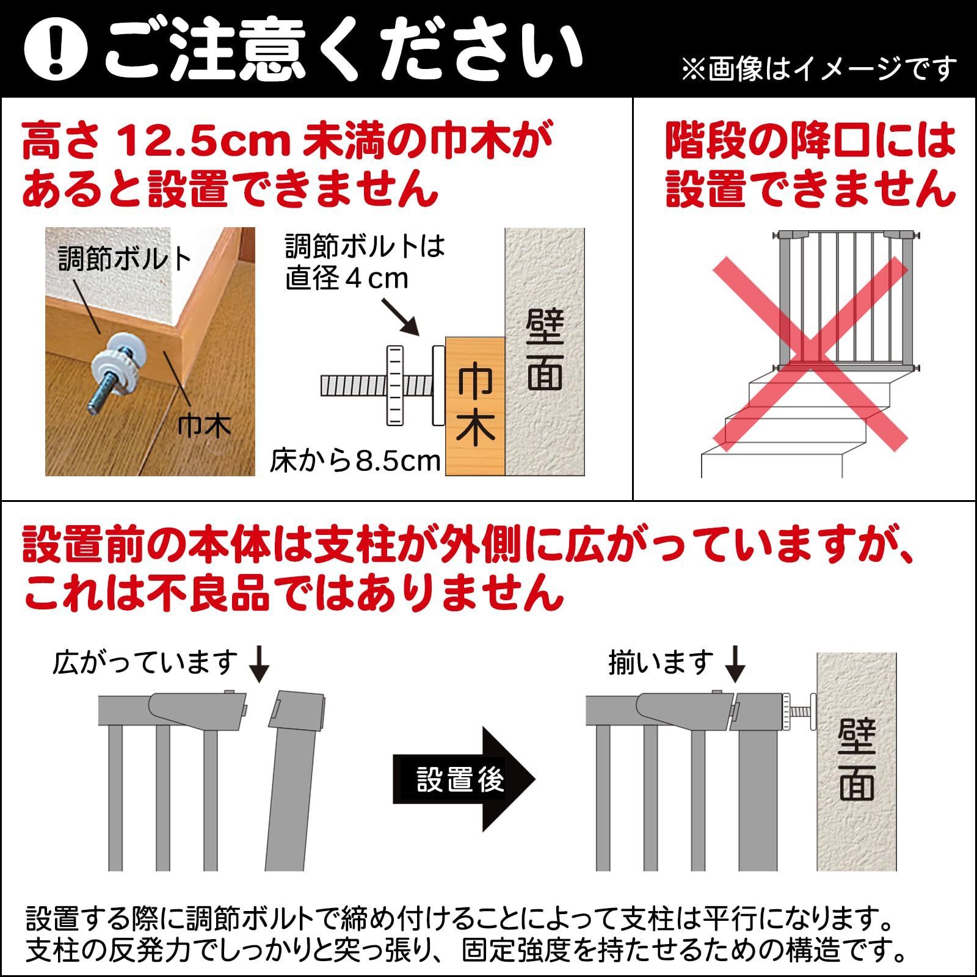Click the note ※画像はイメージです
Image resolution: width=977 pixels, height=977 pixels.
818,69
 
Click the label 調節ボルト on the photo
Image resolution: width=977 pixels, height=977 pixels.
125,260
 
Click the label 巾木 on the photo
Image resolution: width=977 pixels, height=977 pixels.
205,426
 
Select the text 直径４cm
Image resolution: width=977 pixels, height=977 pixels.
347,279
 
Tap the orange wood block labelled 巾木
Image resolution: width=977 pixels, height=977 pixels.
475,405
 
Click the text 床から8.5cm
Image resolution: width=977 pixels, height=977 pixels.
355,461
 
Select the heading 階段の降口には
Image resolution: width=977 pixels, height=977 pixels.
810,141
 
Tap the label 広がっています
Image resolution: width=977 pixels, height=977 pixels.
145,663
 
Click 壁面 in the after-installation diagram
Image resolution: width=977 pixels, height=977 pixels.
856,761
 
